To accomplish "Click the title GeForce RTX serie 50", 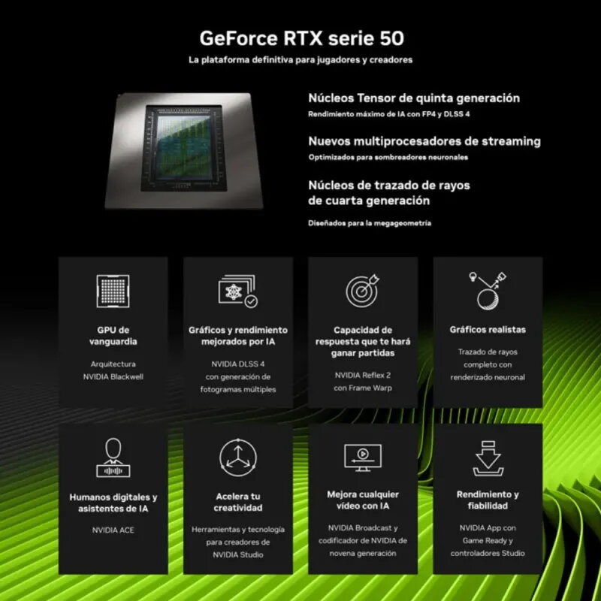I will (x=300, y=38).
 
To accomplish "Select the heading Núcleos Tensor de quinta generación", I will (x=414, y=98).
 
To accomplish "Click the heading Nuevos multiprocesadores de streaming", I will (x=424, y=141).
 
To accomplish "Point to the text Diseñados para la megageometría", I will (x=370, y=223).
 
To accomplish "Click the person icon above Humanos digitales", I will (x=113, y=457).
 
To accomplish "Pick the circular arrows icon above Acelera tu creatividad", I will (x=238, y=457).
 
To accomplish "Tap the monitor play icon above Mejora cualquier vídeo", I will (x=363, y=457).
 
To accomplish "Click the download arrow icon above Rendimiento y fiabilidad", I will (x=488, y=457).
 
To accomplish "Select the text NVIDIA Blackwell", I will (x=113, y=377).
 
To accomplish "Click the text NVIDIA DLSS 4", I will (x=238, y=364).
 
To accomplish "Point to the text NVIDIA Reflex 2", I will (x=363, y=375).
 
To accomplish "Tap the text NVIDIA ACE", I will (x=113, y=530).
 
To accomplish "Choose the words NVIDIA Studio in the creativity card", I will (x=238, y=554).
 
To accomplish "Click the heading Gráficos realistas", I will (x=488, y=330).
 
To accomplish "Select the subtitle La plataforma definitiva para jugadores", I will (x=300, y=59).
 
